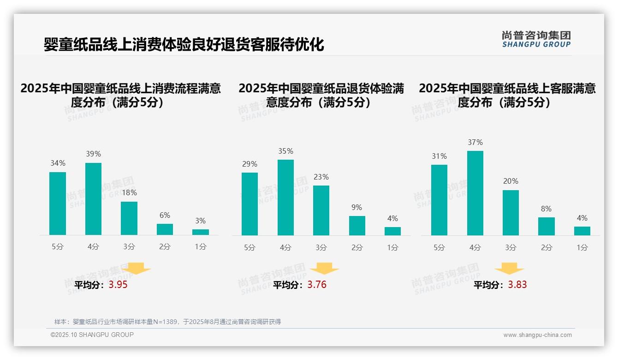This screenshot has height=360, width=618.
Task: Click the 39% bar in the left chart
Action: point(93,199)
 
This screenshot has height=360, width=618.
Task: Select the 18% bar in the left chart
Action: point(129,218)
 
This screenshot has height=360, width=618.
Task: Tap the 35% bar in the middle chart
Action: point(285,198)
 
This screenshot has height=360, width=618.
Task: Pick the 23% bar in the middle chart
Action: point(321,210)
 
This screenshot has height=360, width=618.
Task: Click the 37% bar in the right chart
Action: point(475,193)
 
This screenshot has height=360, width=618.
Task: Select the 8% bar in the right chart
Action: point(546,226)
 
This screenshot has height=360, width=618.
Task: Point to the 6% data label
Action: point(165,215)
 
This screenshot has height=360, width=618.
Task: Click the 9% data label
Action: point(357,207)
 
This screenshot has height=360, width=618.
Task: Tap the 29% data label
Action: point(250,164)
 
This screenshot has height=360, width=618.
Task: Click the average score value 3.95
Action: point(118,285)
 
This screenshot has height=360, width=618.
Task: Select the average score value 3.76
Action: point(317,285)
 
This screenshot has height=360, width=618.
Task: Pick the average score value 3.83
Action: point(517,285)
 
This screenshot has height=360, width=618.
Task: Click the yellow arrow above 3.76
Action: point(324,268)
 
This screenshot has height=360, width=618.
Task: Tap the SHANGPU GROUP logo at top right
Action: point(536,39)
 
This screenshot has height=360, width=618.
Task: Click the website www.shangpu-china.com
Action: point(537,335)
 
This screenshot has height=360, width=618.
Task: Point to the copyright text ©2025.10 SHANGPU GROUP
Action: point(92,335)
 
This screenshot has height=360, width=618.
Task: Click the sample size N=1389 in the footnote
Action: point(165,322)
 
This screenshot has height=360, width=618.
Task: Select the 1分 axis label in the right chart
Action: point(582,247)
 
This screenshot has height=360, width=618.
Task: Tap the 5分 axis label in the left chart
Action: point(58,246)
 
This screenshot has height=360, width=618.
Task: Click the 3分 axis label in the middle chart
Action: point(321,247)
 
